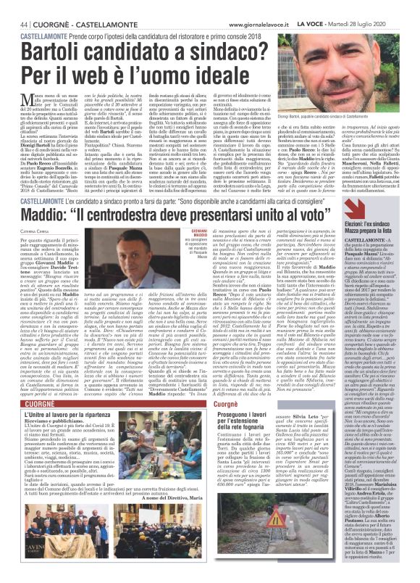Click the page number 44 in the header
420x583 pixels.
coord(13,6)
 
